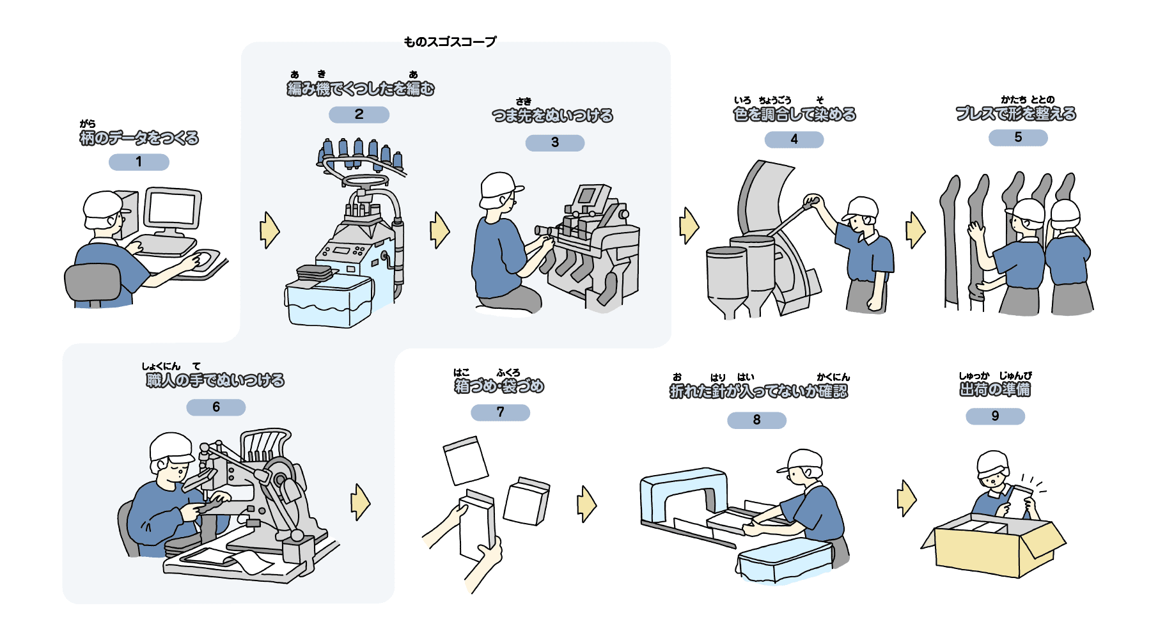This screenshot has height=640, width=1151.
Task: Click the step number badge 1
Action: (139, 162)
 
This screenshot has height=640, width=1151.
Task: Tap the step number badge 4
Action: (794, 139)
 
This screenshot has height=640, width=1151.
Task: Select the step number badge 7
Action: (500, 412)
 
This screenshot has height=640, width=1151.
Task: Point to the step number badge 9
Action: (995, 416)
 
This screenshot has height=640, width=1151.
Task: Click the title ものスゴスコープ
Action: (450, 42)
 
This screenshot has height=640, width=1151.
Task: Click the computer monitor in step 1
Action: (172, 209)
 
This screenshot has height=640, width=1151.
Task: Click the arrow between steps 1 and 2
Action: (269, 230)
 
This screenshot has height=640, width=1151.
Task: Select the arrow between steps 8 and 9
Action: (906, 498)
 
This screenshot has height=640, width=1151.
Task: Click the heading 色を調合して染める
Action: (794, 114)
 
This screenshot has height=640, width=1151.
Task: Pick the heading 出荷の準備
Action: (994, 389)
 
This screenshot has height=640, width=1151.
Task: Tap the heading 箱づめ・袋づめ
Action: (499, 386)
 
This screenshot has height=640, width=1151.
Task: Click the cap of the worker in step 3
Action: (499, 185)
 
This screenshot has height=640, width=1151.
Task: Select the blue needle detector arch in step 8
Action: (684, 492)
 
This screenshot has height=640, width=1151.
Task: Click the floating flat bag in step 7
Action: (466, 460)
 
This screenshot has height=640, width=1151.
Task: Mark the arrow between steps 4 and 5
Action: (915, 230)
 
